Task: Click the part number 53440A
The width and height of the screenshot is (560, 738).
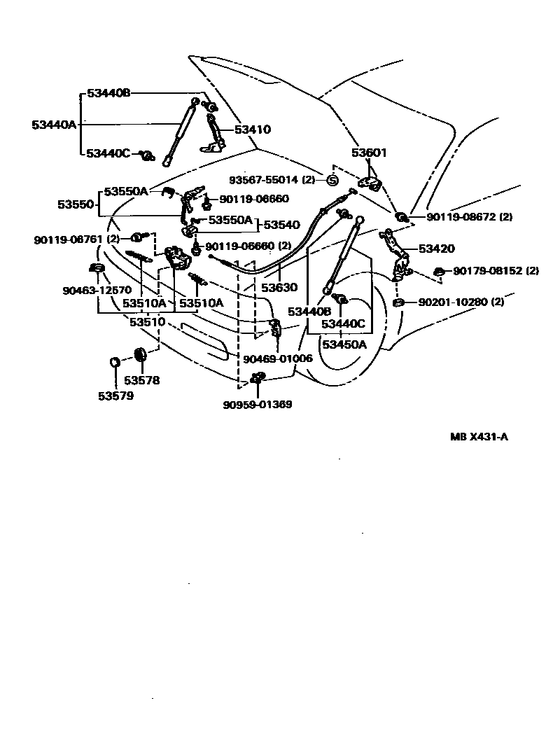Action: click(x=54, y=125)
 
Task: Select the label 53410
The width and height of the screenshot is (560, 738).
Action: click(x=252, y=130)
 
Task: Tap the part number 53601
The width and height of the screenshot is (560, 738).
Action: click(x=369, y=153)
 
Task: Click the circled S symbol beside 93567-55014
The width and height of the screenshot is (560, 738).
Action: click(x=332, y=181)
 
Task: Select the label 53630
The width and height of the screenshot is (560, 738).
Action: click(x=279, y=287)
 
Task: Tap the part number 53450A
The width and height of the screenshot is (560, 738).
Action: click(x=344, y=344)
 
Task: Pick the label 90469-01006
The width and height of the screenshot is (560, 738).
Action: click(x=278, y=358)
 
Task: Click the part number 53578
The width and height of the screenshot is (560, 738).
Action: click(x=141, y=381)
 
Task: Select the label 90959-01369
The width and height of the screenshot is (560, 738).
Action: click(x=258, y=405)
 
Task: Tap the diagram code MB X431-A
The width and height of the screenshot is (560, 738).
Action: click(x=479, y=437)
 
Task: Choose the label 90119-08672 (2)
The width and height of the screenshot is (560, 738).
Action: click(x=469, y=217)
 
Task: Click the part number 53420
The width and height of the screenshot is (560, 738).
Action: click(x=437, y=249)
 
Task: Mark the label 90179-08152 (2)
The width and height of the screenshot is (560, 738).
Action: click(x=496, y=271)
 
